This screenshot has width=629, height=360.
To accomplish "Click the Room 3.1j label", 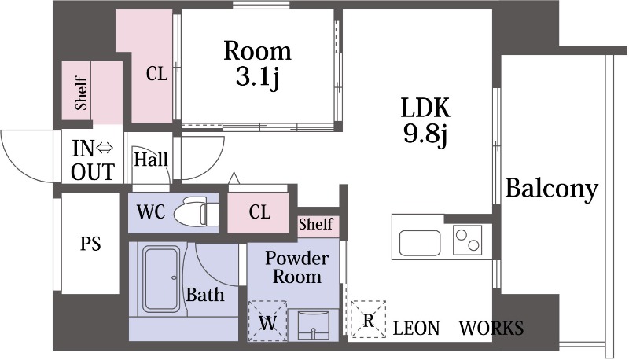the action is (x=257, y=63).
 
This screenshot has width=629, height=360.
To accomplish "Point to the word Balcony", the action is (x=552, y=189).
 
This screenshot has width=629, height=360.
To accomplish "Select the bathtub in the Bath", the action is (x=161, y=279).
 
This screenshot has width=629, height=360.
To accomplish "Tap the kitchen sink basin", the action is (x=420, y=243).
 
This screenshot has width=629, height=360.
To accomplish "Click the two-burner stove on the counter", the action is (x=467, y=241).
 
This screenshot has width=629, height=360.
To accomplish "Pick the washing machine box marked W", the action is (x=267, y=321).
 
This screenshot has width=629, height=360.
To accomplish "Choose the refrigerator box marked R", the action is (x=368, y=319).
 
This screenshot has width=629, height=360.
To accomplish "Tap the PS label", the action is (x=90, y=244).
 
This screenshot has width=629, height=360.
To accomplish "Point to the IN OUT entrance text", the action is (x=93, y=160).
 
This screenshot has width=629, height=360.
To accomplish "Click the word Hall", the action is (x=151, y=160).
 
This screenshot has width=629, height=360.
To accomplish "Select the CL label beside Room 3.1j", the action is (x=156, y=74).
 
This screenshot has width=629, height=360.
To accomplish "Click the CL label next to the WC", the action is (x=259, y=211).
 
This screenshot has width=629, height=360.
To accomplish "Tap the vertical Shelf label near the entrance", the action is (x=82, y=94).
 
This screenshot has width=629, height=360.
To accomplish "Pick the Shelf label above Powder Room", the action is (x=316, y=224).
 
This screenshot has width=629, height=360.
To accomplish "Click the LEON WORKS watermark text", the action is (x=458, y=329).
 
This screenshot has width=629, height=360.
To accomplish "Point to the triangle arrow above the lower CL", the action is (x=234, y=178).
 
